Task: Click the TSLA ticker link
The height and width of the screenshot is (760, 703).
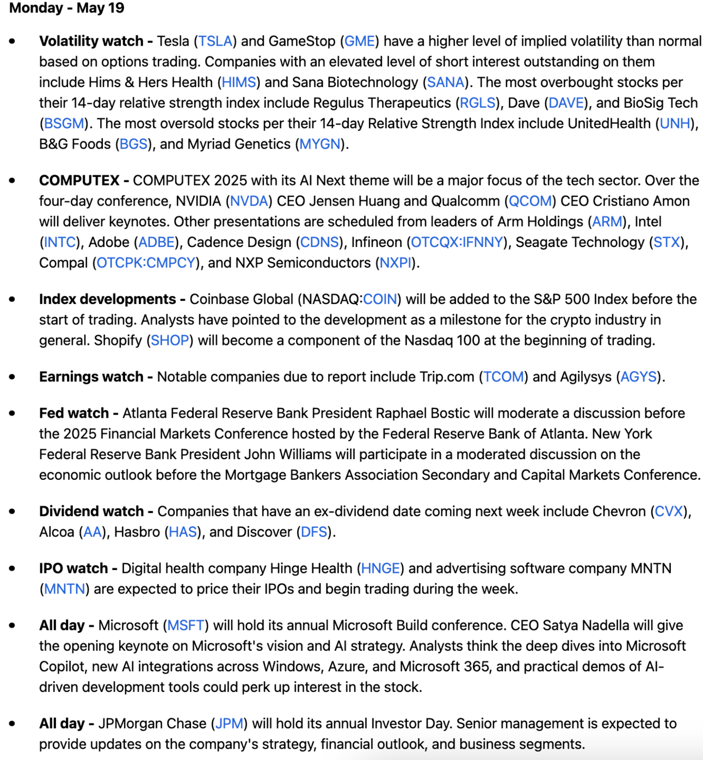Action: click(x=215, y=41)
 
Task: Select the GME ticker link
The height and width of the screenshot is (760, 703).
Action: click(x=360, y=41)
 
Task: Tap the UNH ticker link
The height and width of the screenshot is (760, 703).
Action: click(x=675, y=123)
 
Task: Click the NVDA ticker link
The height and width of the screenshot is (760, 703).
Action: click(x=249, y=201)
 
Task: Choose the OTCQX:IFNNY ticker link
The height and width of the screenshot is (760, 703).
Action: click(x=457, y=242)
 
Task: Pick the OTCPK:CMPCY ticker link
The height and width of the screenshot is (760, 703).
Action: click(x=146, y=263)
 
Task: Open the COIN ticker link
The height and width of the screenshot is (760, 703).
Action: click(x=380, y=299)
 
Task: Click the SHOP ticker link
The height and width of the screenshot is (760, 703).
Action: click(x=170, y=341)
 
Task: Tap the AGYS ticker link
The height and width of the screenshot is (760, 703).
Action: click(x=638, y=377)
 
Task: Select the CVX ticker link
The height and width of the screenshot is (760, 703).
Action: click(x=669, y=511)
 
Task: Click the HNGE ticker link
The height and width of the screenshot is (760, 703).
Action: click(x=380, y=569)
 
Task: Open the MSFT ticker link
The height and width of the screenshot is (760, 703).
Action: click(x=186, y=626)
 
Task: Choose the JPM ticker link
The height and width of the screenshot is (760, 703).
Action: click(x=229, y=724)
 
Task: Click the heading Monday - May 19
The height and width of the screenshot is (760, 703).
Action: click(x=67, y=8)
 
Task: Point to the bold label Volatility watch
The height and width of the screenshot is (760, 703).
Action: click(x=91, y=41)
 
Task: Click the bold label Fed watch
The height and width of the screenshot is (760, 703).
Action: click(x=74, y=413)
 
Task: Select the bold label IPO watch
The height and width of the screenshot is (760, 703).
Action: click(x=73, y=569)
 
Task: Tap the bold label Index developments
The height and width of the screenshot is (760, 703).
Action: click(x=107, y=299)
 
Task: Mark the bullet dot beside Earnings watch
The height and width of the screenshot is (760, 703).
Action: click(x=12, y=377)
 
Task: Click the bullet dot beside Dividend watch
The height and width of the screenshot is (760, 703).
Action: click(x=12, y=511)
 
